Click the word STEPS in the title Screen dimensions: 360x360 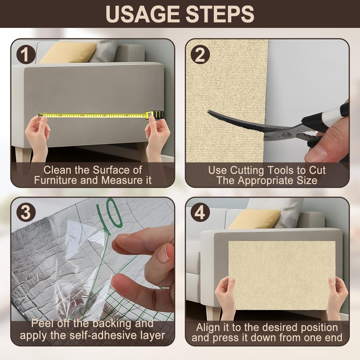(220, 14)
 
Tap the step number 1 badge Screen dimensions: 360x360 (26, 55)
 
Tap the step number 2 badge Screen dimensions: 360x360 (200, 55)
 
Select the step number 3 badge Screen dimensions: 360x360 (26, 212)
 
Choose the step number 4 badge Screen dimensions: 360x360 (200, 212)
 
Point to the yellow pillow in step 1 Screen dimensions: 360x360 (67, 52)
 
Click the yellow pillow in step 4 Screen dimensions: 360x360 (254, 219)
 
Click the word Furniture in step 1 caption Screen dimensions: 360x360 (55, 180)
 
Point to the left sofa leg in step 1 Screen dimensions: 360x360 (23, 156)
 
